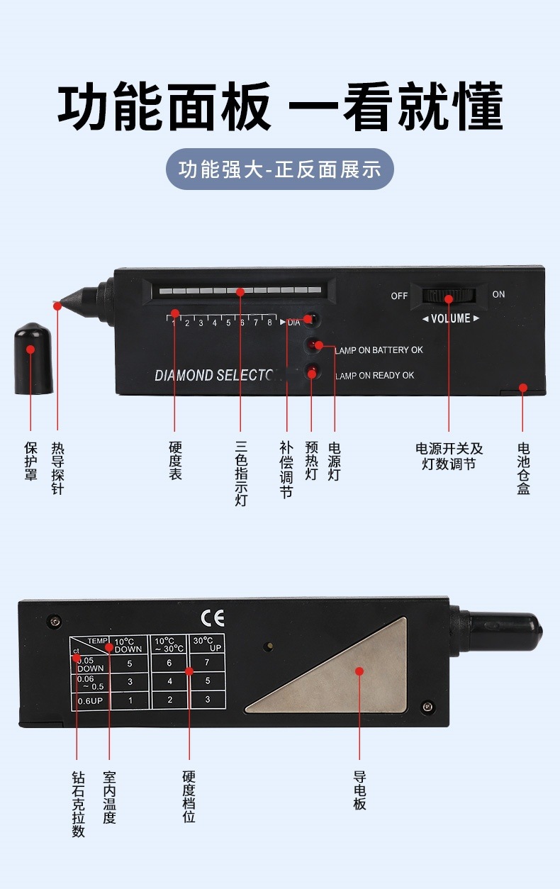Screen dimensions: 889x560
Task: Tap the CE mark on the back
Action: pyautogui.click(x=213, y=618)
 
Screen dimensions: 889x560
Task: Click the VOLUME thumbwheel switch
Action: pyautogui.click(x=449, y=297)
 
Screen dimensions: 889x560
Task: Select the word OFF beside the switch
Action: pyautogui.click(x=399, y=296)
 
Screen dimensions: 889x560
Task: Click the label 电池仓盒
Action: pyautogui.click(x=523, y=468)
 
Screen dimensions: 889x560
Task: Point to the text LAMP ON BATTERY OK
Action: pyautogui.click(x=379, y=350)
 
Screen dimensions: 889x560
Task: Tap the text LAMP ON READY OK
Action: pyautogui.click(x=374, y=375)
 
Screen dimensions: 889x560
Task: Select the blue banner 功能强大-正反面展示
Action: pyautogui.click(x=279, y=169)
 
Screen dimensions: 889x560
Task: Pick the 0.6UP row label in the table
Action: pyautogui.click(x=90, y=700)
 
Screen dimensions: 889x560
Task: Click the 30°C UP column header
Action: pyautogui.click(x=206, y=644)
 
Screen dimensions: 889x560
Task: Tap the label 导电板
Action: pyautogui.click(x=359, y=790)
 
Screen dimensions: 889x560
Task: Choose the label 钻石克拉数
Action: pyautogui.click(x=78, y=804)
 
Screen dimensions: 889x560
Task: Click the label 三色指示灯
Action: pyautogui.click(x=241, y=474)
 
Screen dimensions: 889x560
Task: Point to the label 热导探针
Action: pyautogui.click(x=57, y=468)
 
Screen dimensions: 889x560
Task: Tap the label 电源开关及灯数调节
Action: pyautogui.click(x=449, y=457)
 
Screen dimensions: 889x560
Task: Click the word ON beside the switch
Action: pyautogui.click(x=498, y=294)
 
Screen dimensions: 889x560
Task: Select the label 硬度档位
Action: pyautogui.click(x=189, y=797)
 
